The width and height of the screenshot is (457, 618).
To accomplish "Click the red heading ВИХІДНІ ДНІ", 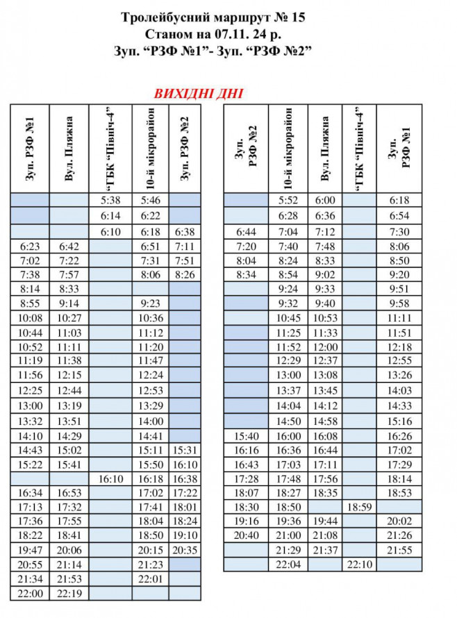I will coord(198,94).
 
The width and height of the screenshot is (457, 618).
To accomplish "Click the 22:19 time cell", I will coord(69,593).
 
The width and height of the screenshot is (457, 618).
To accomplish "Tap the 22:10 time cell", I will coord(360,564).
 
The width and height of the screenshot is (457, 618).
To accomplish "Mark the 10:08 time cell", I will coord(30,317).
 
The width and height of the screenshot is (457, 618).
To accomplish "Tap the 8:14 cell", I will coord(30,287).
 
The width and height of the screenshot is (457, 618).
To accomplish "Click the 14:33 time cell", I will coord(399,406).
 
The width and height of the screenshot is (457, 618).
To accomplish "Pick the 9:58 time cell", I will coord(399,303).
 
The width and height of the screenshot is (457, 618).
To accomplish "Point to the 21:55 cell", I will coord(399,549).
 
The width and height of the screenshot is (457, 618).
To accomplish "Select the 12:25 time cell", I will coord(30,390).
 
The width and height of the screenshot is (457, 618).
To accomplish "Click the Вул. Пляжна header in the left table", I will coord(69,149).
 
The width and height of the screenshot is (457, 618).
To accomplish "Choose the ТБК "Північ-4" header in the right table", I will coord(360,149).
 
